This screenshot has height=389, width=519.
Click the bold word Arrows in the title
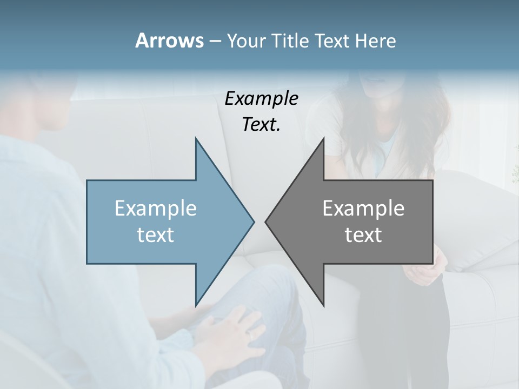pos(169,41)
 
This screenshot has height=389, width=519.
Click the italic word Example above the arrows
pos(262,98)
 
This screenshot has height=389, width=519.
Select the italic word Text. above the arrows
pos(262,124)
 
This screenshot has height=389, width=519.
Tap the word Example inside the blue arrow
pos(156,208)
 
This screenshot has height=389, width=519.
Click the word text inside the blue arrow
pos(156,235)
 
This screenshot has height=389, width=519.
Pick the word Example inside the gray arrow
pos(363,208)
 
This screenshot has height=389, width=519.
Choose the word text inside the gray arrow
pos(363,235)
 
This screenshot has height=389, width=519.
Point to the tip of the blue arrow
pos(254,222)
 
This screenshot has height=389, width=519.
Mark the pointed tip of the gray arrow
pos(265,222)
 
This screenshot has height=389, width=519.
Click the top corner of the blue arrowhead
pos(196,139)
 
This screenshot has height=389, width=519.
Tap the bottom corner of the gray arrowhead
pos(323,304)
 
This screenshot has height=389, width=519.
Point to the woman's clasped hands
pos(422,270)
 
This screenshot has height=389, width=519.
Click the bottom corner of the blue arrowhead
pos(196,305)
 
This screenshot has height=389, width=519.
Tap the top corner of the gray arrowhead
pos(323,139)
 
